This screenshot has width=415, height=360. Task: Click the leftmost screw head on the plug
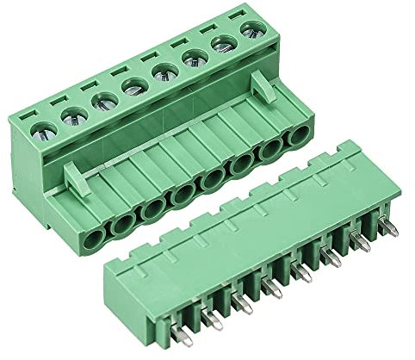(x=44, y=132)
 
